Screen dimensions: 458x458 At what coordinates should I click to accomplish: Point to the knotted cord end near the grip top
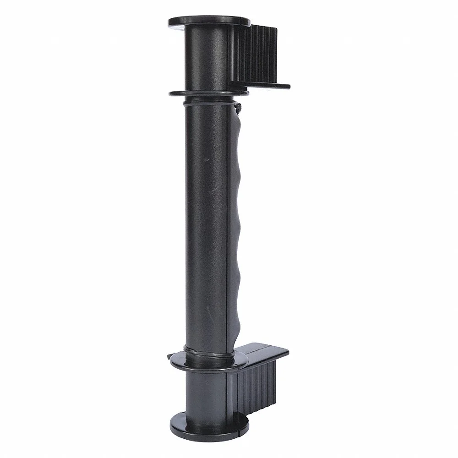238,107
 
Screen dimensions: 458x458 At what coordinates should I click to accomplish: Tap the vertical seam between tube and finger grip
228,229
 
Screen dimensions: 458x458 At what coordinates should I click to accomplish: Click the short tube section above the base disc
206,394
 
